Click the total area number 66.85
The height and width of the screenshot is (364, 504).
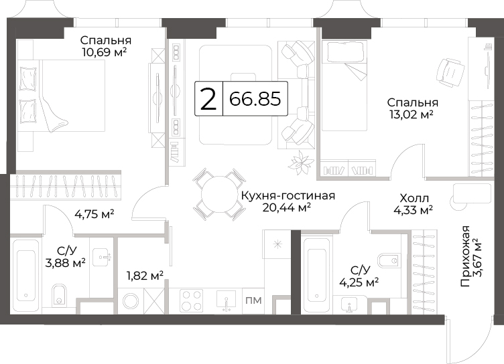point(255,99)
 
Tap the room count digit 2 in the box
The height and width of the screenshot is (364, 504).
point(208,99)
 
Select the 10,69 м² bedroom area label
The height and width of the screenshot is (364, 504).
point(104,52)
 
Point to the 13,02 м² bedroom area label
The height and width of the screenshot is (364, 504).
point(411,114)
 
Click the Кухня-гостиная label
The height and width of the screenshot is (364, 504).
point(288,195)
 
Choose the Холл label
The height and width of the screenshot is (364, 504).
point(414,198)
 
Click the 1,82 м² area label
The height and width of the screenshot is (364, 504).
point(145,276)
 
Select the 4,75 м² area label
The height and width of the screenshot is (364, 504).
point(94,213)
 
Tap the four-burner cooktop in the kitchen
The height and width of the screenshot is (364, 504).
point(191,300)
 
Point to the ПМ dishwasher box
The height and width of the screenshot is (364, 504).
point(253,300)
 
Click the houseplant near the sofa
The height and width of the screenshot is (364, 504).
point(301,163)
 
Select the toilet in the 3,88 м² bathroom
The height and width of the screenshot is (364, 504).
point(59,294)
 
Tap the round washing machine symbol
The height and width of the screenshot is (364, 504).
point(131,301)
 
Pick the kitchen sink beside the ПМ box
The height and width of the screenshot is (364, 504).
point(227,300)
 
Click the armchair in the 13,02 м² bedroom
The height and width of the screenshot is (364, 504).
point(450,73)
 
